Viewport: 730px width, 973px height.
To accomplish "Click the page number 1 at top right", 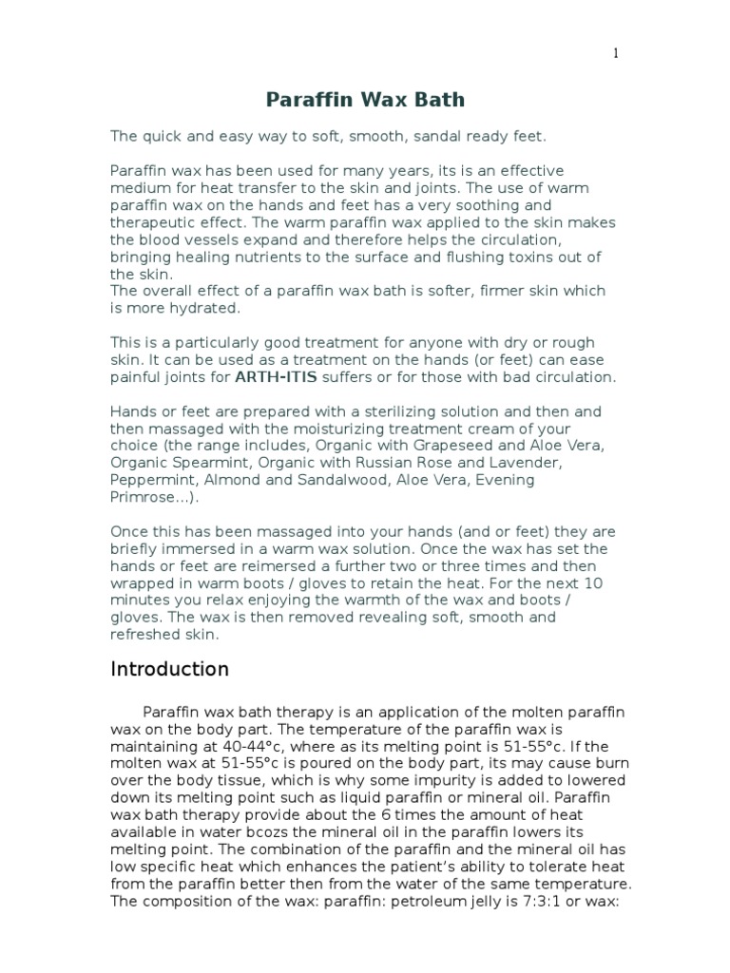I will (616, 54).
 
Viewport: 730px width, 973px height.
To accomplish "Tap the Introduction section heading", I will (170, 669).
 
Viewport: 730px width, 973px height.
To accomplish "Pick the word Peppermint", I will (149, 480).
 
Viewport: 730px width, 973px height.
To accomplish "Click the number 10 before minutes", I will (591, 582).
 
